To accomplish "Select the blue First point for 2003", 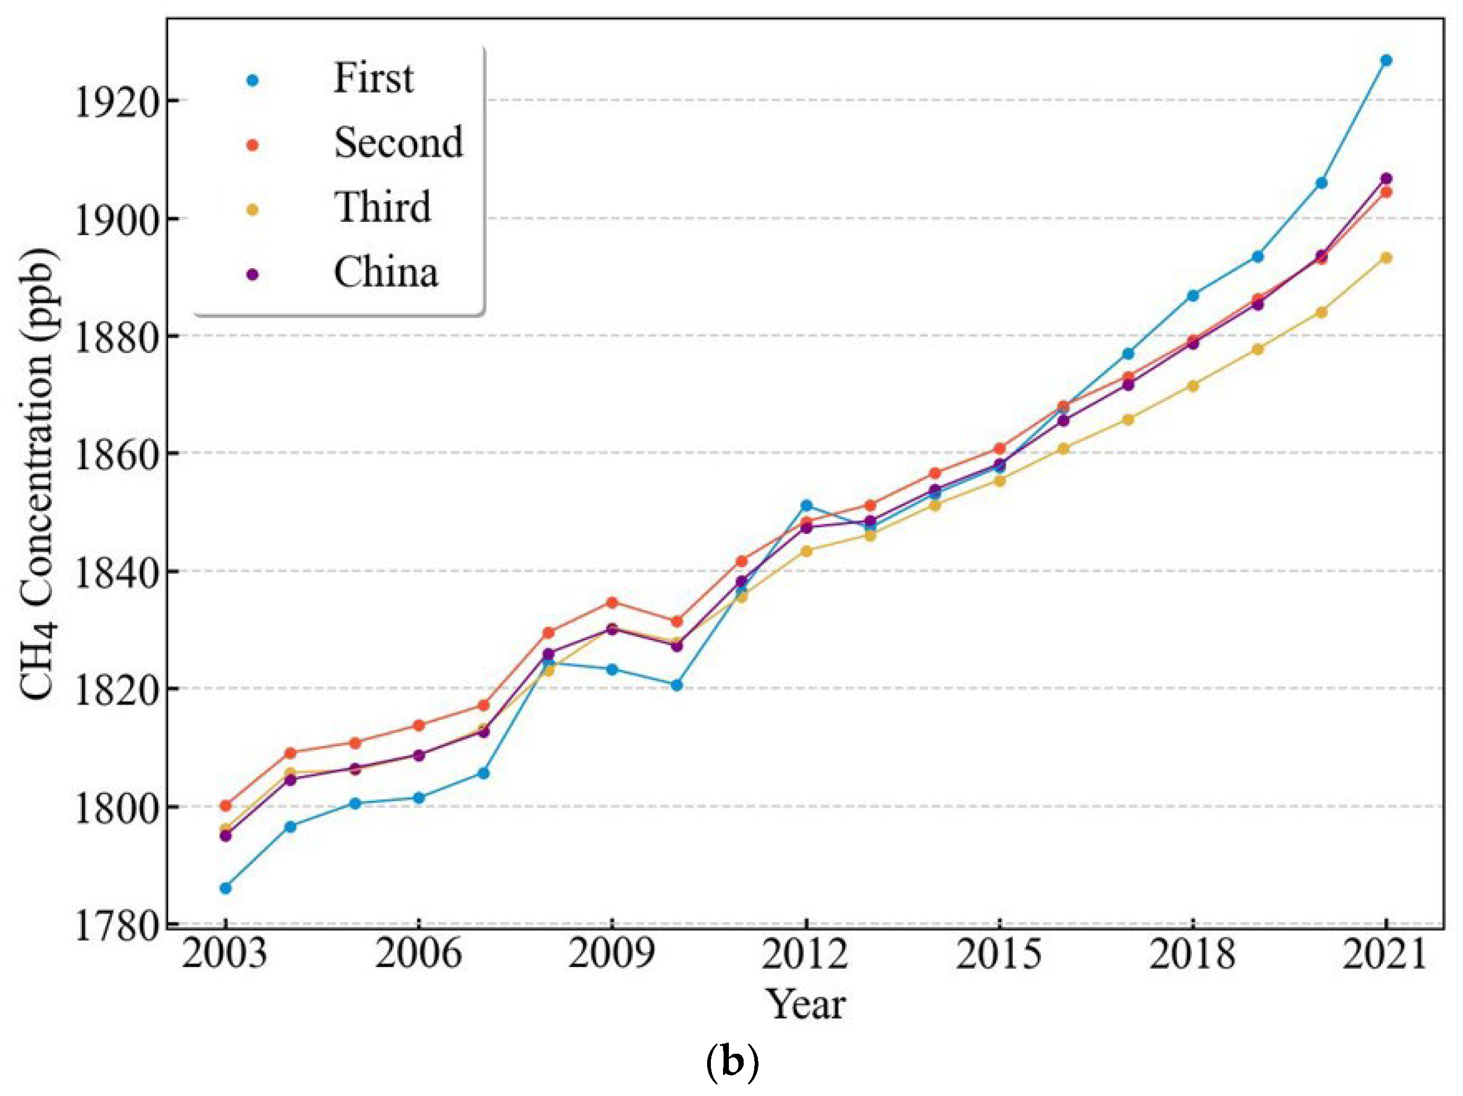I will click(226, 888).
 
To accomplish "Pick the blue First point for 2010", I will click(677, 685).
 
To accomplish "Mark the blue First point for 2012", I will click(806, 505).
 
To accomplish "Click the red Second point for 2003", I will click(226, 806).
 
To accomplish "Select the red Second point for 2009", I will click(612, 602).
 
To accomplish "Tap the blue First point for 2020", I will click(1321, 182).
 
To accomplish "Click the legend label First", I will click(374, 78).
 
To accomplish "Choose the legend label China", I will click(386, 272).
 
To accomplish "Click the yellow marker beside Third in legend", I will click(252, 210).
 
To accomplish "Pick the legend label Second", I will click(398, 142).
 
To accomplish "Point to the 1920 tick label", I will click(116, 103).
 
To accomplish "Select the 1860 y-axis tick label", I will click(116, 456).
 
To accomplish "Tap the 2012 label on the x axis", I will click(804, 954).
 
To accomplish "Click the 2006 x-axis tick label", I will click(418, 954).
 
